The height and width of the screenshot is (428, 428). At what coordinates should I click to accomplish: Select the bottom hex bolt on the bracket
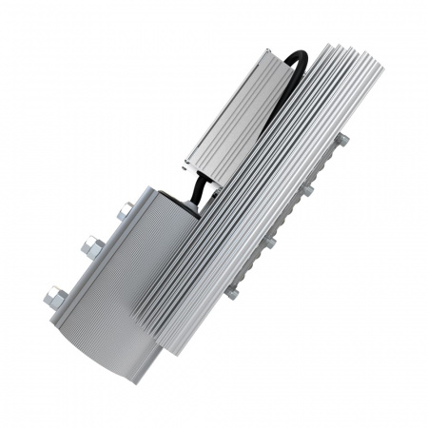pos(55,298)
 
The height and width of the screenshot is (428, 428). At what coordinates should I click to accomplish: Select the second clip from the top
pos(307,189)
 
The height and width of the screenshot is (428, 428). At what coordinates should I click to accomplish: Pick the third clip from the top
pos(270,242)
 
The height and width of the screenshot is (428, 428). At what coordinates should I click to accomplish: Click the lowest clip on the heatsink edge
pos(231,294)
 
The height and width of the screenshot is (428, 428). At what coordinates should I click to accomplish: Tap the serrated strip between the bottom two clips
pos(251,267)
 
